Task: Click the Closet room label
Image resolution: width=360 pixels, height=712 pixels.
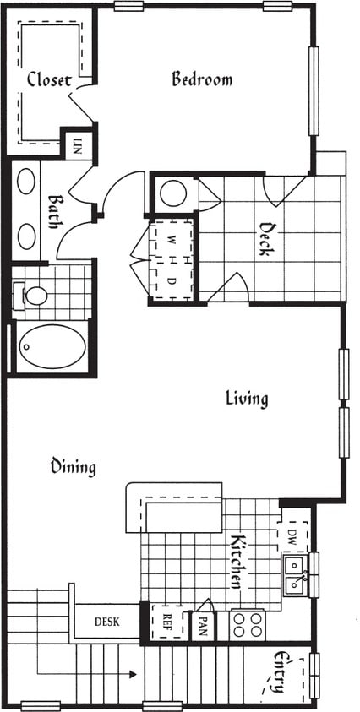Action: (x=48, y=80)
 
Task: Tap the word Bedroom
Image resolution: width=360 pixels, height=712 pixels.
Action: (x=202, y=79)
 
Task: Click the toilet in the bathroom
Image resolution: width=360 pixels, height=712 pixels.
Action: (x=34, y=296)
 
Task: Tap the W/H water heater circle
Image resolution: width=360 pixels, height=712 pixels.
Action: (x=173, y=193)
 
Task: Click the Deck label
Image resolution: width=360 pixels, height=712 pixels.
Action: (x=269, y=238)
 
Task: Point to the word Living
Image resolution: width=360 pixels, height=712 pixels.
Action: (x=247, y=398)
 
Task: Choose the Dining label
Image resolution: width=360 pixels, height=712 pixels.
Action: (x=73, y=466)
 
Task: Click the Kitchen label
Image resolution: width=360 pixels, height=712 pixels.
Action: (x=239, y=561)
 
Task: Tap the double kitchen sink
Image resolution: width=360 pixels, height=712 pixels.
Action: (x=295, y=573)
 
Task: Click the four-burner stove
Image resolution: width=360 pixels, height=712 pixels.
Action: (x=247, y=625)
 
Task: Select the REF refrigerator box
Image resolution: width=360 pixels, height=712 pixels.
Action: (x=166, y=622)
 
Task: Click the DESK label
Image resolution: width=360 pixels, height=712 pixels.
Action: (x=106, y=622)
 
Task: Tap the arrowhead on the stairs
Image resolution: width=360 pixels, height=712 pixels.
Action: (x=132, y=674)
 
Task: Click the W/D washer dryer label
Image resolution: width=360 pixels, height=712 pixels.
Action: (x=172, y=260)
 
